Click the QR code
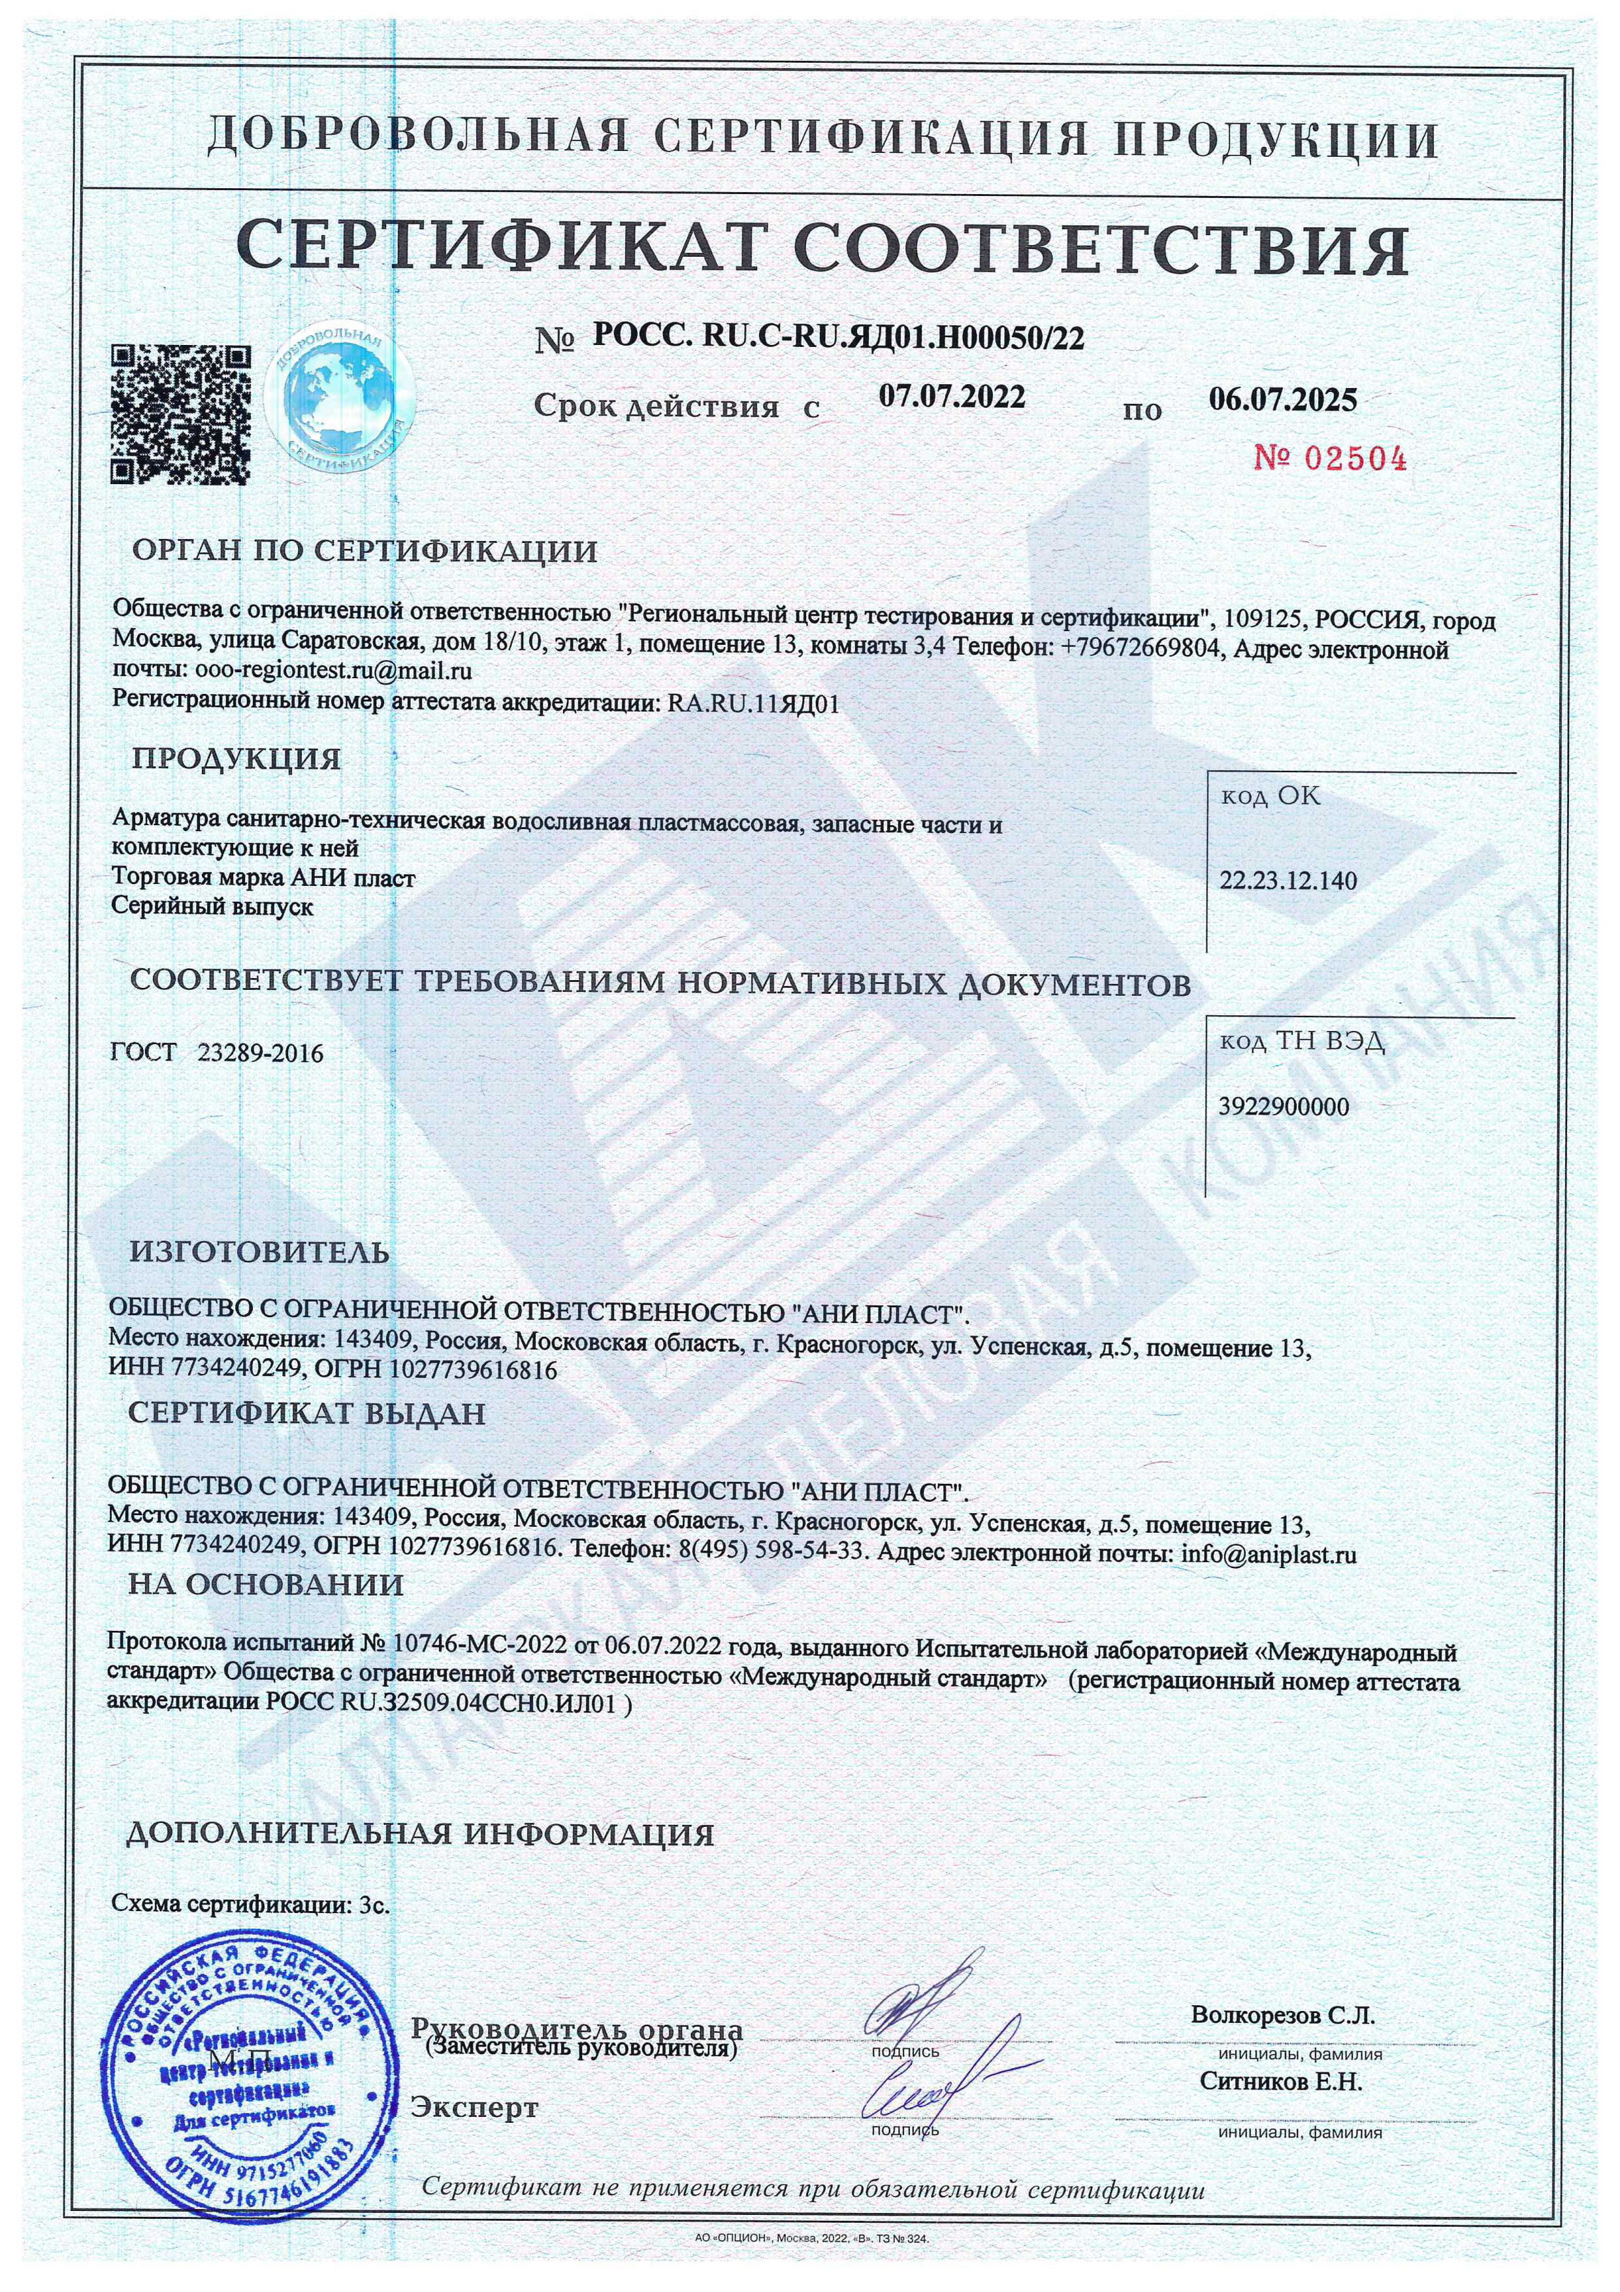pyautogui.click(x=179, y=414)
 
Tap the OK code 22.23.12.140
pyautogui.click(x=1288, y=881)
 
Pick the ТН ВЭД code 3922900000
pyautogui.click(x=1284, y=1106)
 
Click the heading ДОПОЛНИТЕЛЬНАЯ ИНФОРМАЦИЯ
pyautogui.click(x=420, y=1834)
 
